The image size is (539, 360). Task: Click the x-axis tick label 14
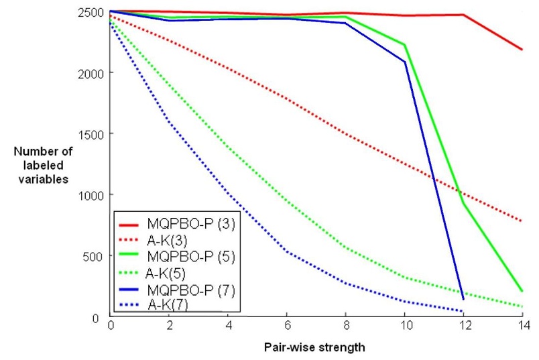pos(522,325)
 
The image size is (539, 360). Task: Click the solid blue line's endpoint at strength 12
pos(463,299)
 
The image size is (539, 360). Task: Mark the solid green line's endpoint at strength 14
pos(522,291)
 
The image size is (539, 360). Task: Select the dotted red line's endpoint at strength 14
pos(522,221)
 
